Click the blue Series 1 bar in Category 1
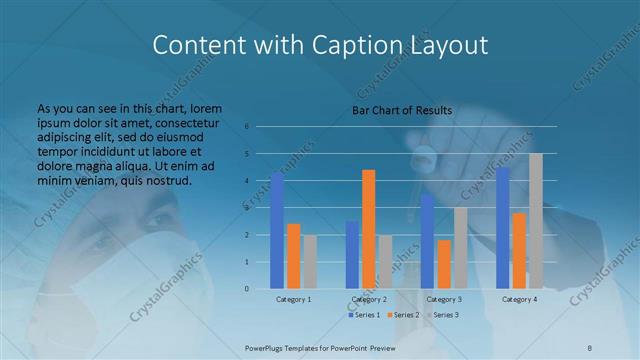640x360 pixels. (x=277, y=231)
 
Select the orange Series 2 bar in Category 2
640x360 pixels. (x=369, y=229)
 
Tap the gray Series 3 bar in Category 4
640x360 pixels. (x=536, y=221)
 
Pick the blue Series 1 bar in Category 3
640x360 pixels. (x=428, y=241)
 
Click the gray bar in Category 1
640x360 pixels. (x=310, y=262)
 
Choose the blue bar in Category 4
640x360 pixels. (x=503, y=228)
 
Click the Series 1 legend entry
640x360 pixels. (x=365, y=315)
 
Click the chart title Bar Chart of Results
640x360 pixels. (x=402, y=110)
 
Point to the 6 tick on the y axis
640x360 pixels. (x=246, y=127)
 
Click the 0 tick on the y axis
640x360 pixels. (x=246, y=289)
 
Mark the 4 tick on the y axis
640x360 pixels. (x=246, y=181)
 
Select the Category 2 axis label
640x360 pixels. (x=368, y=299)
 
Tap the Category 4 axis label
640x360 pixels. (x=519, y=299)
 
